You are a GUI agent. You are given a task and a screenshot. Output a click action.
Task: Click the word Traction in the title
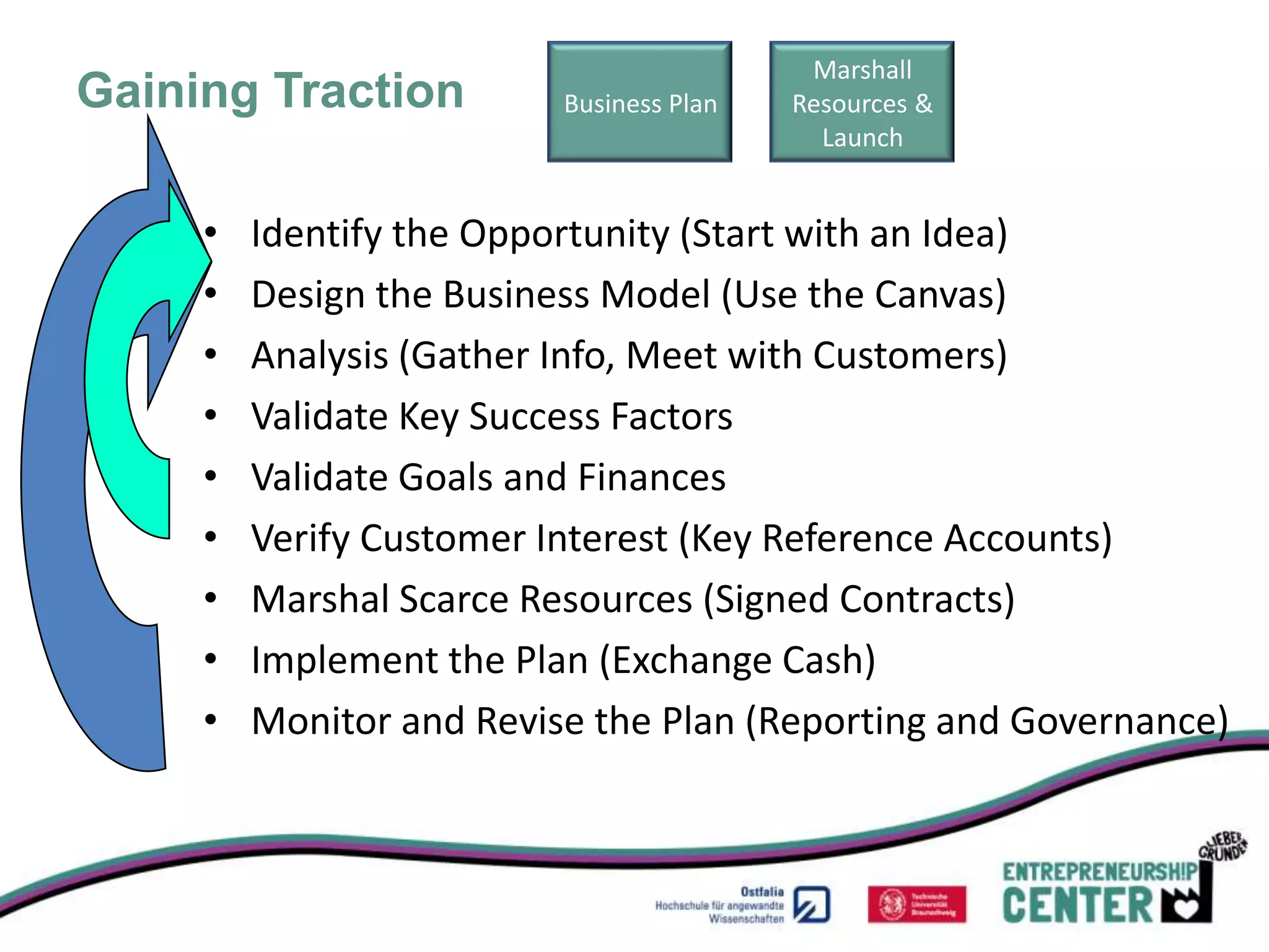click(369, 91)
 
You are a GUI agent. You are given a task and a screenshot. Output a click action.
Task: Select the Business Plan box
click(639, 102)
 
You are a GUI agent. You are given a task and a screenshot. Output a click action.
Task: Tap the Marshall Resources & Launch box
click(861, 102)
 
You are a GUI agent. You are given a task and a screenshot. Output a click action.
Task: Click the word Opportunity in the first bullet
click(564, 234)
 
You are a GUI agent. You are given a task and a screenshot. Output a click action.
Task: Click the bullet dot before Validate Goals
click(211, 476)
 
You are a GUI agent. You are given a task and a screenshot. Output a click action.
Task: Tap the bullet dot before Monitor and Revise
click(211, 720)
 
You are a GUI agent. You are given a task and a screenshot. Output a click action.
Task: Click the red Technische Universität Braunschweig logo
click(916, 904)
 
